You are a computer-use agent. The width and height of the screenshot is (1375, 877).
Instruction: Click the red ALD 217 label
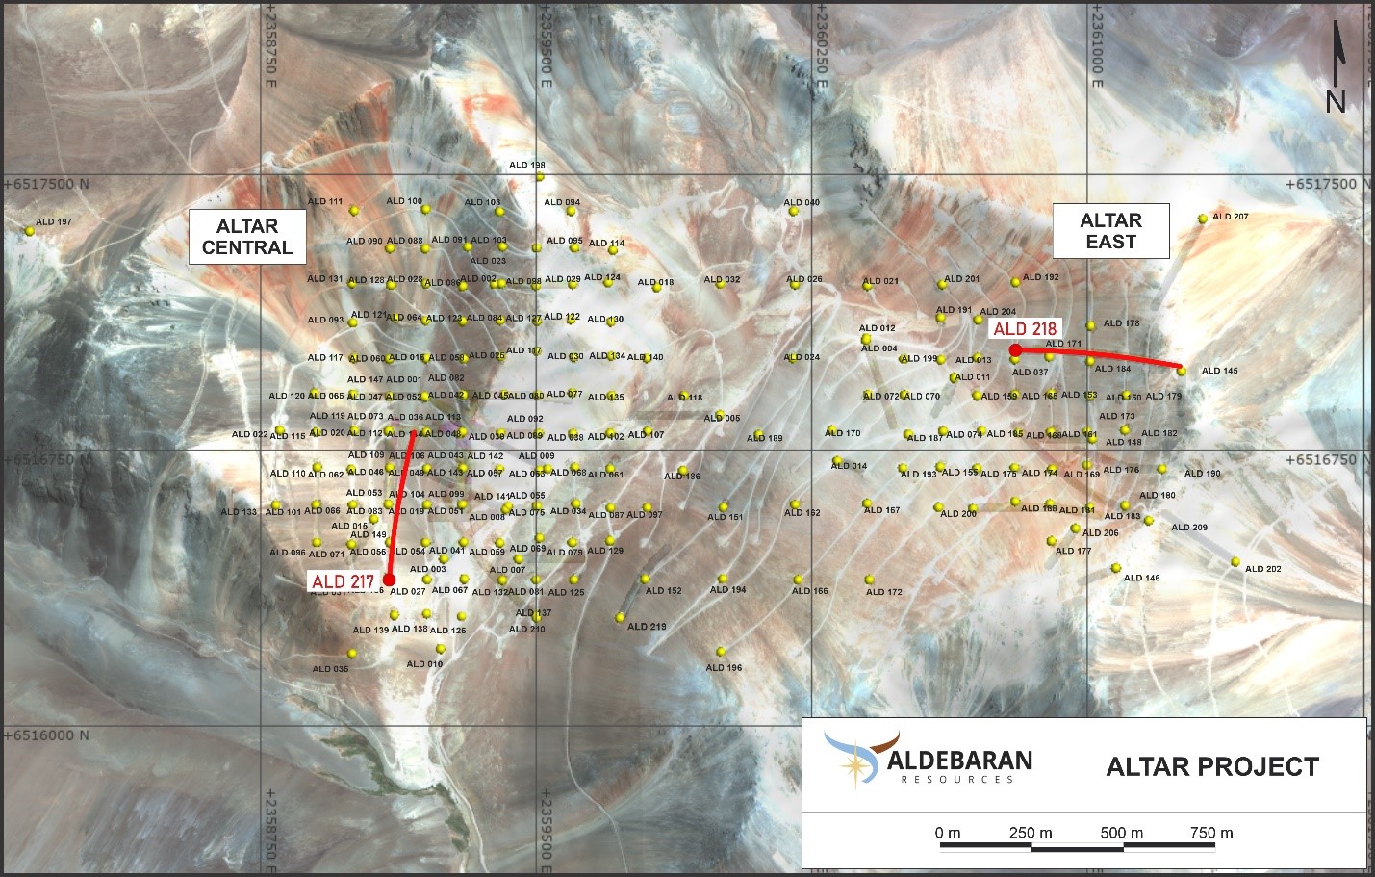coord(343,581)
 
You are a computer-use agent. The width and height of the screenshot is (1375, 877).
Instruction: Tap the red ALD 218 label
coord(1025,329)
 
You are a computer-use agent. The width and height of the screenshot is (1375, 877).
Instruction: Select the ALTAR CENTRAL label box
coord(247,237)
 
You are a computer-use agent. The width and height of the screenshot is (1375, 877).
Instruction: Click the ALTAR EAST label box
coord(1110,231)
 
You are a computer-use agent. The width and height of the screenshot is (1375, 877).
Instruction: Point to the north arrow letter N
coord(1336,101)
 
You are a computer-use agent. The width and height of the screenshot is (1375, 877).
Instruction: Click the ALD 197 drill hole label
coord(54,222)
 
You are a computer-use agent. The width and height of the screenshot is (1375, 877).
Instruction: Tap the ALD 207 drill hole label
coord(1230,217)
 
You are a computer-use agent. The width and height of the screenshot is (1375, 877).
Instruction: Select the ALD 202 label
coord(1262,569)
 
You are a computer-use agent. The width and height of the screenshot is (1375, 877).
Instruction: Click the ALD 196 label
coord(724,668)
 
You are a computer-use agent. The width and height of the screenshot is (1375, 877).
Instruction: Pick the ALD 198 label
coord(526,166)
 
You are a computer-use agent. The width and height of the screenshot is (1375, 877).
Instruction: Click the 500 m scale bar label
coord(1122,833)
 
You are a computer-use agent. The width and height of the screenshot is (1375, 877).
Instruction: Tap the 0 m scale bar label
coord(948,833)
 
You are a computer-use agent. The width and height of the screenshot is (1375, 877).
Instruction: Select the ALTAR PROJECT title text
coord(1212,767)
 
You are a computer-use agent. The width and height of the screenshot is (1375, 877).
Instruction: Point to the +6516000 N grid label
coord(46,735)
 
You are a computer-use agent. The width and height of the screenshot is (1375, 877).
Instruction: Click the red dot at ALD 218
coord(1015,349)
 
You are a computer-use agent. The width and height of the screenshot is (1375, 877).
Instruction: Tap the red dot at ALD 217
coord(388,580)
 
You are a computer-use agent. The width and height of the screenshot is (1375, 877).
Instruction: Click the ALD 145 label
coord(1219,371)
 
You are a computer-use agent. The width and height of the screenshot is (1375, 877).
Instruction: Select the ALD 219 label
coord(647,627)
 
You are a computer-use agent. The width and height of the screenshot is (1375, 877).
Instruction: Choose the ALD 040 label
coord(802,203)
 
